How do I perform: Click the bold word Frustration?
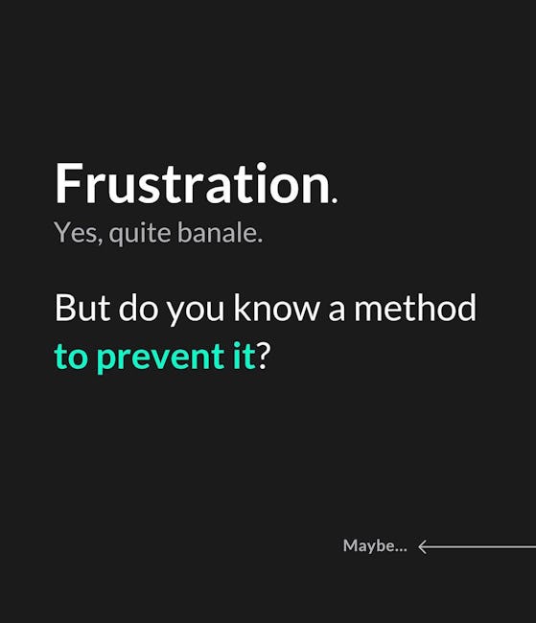[193, 184]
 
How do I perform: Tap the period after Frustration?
[335, 200]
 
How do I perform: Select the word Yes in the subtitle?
[75, 232]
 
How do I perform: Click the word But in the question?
[82, 308]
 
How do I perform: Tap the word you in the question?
[196, 311]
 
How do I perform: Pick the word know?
[276, 308]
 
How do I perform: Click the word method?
[415, 308]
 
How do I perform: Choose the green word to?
[71, 356]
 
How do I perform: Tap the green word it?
[245, 355]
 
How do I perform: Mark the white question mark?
[264, 355]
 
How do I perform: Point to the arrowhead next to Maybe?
[423, 546]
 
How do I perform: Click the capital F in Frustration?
[67, 184]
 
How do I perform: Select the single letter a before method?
[337, 311]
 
